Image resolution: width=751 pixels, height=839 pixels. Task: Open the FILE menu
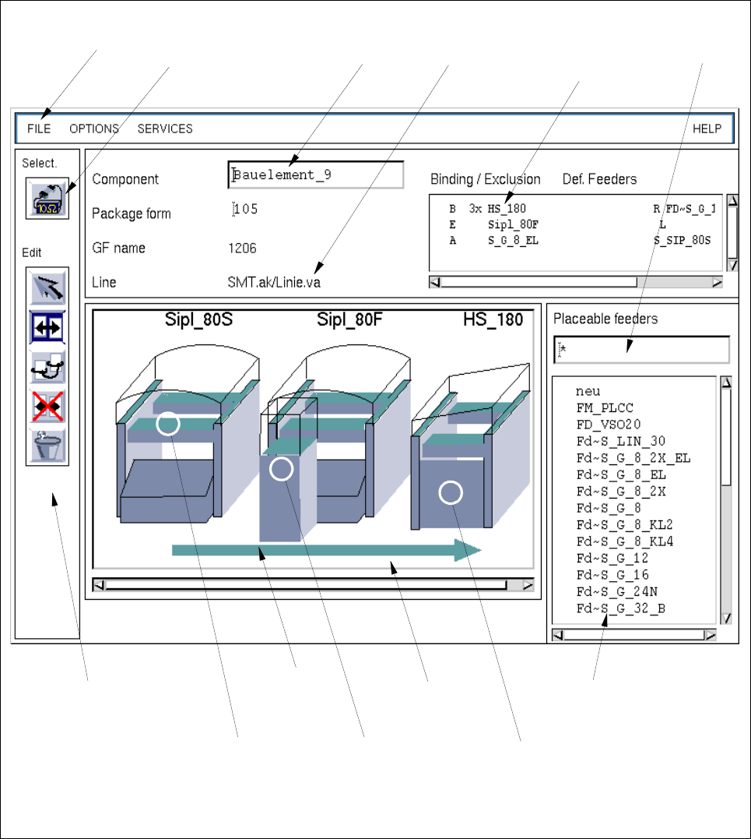pyautogui.click(x=39, y=129)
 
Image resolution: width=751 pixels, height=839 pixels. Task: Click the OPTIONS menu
pyautogui.click(x=94, y=129)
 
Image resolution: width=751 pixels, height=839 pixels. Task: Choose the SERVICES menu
pyautogui.click(x=165, y=129)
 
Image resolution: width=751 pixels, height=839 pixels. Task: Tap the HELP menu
pyautogui.click(x=707, y=129)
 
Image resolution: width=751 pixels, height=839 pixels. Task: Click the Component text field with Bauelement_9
pyautogui.click(x=315, y=175)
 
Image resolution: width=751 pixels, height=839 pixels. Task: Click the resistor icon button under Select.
pyautogui.click(x=47, y=199)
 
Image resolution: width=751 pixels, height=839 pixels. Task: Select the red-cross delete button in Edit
pyautogui.click(x=47, y=406)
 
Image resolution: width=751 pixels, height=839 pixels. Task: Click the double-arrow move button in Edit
pyautogui.click(x=47, y=327)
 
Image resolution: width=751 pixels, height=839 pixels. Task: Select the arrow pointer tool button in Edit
pyautogui.click(x=47, y=287)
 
